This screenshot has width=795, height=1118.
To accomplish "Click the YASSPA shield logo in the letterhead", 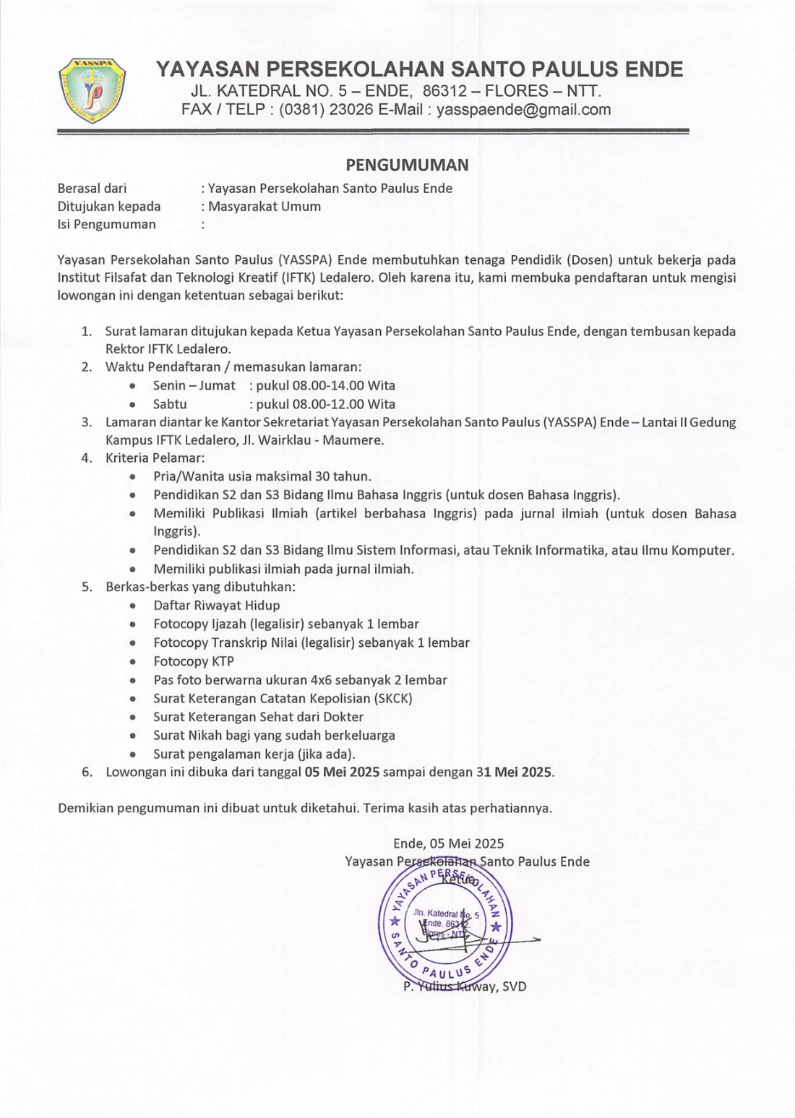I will [92, 90].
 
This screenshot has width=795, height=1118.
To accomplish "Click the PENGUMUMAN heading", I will [407, 165].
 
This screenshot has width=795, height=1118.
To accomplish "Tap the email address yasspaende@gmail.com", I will [524, 110].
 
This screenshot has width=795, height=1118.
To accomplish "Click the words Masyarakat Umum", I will [265, 206].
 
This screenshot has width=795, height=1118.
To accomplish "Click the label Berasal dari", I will [92, 188].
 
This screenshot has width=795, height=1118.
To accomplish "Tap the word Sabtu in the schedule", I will [170, 404].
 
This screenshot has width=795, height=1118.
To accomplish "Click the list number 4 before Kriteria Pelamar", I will [86, 457].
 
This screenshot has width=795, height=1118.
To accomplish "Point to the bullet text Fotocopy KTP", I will [194, 661].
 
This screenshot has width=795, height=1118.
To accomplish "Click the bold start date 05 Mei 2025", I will [342, 772].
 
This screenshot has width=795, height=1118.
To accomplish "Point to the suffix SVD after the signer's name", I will [514, 986].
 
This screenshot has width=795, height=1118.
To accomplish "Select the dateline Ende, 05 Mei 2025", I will [448, 843].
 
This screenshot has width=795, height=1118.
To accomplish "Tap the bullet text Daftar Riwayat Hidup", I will [216, 606].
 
